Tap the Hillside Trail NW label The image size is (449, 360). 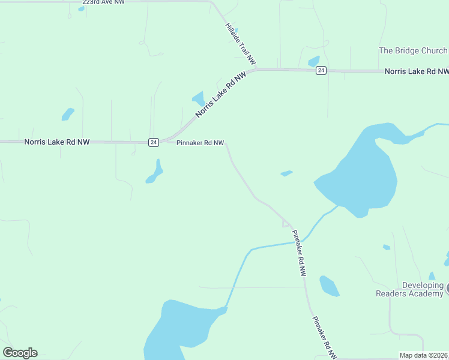(241, 44)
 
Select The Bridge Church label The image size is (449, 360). (413, 51)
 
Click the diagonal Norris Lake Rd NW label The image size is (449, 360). (221, 95)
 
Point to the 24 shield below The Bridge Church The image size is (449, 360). (321, 71)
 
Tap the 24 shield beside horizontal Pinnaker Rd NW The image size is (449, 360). (154, 142)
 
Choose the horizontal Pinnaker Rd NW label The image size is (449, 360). (200, 143)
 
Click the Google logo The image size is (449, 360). (20, 352)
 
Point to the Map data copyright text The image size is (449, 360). (424, 355)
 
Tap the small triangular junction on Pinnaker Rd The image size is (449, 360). (286, 224)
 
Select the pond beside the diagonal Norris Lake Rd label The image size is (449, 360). (199, 98)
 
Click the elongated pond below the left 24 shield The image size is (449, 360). (155, 172)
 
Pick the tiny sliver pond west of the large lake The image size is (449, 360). (286, 173)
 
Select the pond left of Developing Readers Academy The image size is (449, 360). (329, 286)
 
